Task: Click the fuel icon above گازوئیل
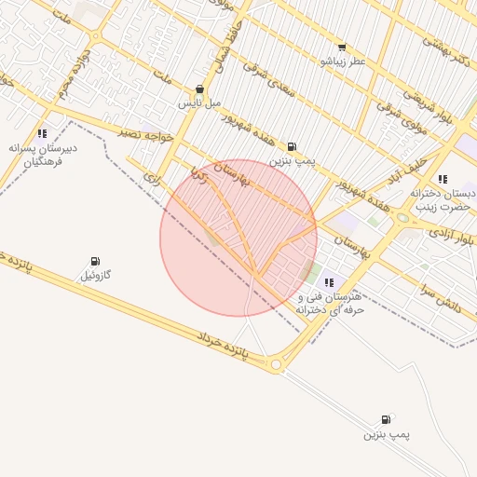tap(95, 262)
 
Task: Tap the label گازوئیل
tap(95, 276)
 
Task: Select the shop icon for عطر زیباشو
tap(342, 48)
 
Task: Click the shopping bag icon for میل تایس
tap(199, 90)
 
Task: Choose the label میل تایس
tap(200, 103)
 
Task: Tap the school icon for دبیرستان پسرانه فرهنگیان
tap(43, 133)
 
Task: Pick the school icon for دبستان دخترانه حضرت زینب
tap(443, 178)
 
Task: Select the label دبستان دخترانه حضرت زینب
tap(443, 199)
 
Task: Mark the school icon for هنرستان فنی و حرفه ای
tap(328, 281)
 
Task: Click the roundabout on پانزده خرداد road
tap(277, 365)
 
